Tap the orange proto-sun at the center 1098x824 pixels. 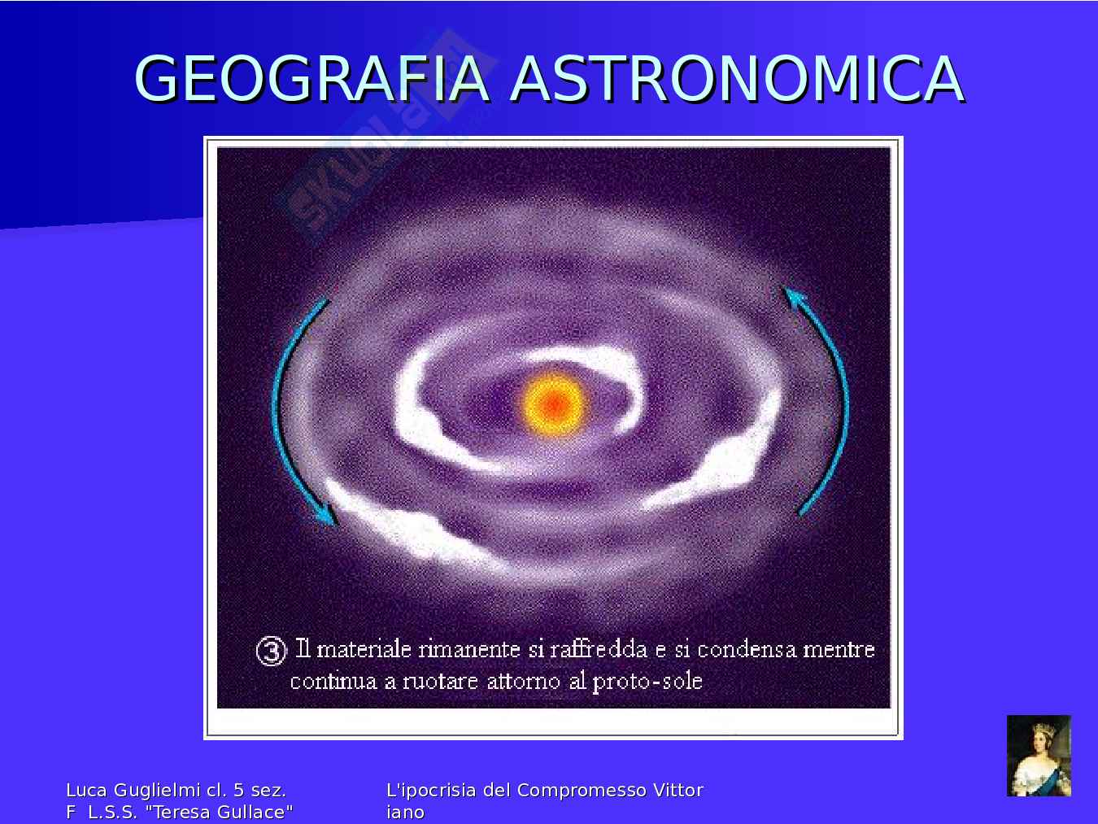point(554,405)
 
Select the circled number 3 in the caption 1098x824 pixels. point(271,651)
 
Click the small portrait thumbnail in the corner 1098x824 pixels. point(1039,756)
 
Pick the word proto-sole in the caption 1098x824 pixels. point(647,682)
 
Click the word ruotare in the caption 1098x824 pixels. point(440,682)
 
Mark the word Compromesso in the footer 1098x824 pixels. point(582,791)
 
